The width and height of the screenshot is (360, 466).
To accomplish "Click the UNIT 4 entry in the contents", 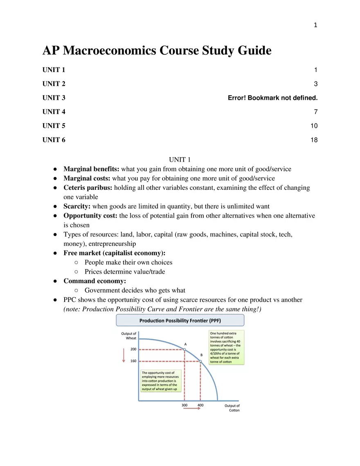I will (54, 112).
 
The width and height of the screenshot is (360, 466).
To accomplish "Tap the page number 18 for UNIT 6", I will (314, 140).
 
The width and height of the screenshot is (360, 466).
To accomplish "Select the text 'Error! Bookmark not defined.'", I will (272, 98).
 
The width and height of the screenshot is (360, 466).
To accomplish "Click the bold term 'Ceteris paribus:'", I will (88, 188).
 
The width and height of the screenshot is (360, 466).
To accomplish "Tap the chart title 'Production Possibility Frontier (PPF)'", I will (180, 320).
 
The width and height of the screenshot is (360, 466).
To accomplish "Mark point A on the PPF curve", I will (184, 349).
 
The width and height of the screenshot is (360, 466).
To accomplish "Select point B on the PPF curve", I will (200, 361).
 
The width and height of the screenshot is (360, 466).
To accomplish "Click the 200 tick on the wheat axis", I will (133, 349).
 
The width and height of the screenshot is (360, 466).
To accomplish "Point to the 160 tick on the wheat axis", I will (133, 361).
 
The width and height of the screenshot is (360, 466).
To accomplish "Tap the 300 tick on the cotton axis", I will (184, 405).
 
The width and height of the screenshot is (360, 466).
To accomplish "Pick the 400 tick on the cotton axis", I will (200, 405).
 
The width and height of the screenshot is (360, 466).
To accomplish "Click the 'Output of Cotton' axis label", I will (232, 408).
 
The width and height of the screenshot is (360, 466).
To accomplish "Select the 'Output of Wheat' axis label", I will (129, 336).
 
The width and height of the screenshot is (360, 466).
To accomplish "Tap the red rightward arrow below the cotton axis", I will (192, 410).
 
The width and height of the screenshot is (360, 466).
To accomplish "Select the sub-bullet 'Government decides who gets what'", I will (135, 290).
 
